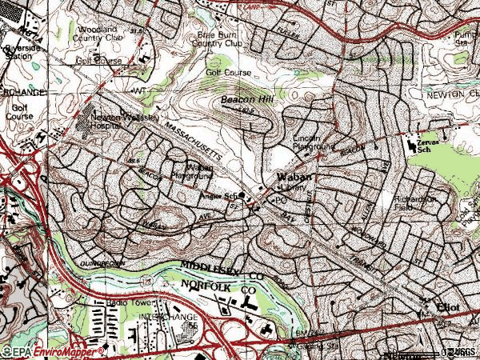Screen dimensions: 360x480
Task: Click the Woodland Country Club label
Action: [98, 31]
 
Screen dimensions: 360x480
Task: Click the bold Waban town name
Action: [292, 178]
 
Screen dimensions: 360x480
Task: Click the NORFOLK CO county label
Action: [216, 284]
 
